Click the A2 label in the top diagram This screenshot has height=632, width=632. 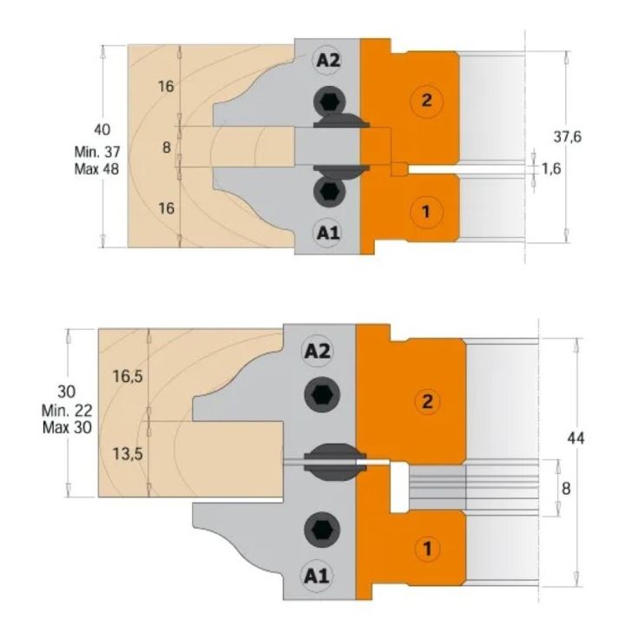329,60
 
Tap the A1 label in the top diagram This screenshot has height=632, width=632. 328,233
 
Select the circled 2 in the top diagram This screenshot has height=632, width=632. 426,100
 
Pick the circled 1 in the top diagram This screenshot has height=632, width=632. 426,210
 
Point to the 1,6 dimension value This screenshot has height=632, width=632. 551,168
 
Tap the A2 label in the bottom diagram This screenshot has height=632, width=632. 319,351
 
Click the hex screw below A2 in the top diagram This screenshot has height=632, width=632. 330,101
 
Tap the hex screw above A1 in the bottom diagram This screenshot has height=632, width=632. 319,526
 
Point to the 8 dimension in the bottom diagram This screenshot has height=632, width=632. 566,489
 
